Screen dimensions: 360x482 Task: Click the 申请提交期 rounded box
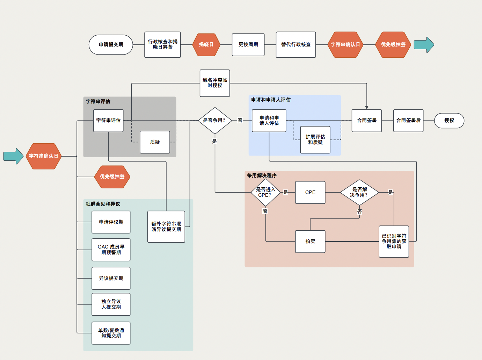click(111, 45)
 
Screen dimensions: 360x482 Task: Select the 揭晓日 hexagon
click(206, 45)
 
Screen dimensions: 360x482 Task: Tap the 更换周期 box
click(248, 45)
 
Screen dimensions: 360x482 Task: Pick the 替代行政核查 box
click(296, 45)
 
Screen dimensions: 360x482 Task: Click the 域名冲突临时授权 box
click(215, 83)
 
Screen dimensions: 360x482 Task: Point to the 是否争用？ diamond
click(214, 121)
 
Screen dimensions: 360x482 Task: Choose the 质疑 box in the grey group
click(155, 142)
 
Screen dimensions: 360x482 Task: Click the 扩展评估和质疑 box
click(315, 139)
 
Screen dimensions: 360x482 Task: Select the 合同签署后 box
click(408, 121)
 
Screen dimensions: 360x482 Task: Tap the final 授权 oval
click(449, 121)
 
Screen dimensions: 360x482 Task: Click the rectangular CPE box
click(310, 192)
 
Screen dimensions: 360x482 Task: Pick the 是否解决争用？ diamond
click(359, 192)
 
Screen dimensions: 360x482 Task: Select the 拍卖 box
click(310, 241)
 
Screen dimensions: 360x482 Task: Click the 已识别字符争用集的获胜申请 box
click(394, 241)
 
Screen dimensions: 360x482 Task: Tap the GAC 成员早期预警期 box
click(111, 250)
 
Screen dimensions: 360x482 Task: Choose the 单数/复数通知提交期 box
click(111, 333)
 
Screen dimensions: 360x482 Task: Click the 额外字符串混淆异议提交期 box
click(166, 226)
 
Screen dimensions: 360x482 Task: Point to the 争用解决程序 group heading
click(262, 175)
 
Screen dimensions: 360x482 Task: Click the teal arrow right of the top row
click(424, 45)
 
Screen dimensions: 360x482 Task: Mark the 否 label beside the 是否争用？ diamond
click(240, 121)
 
